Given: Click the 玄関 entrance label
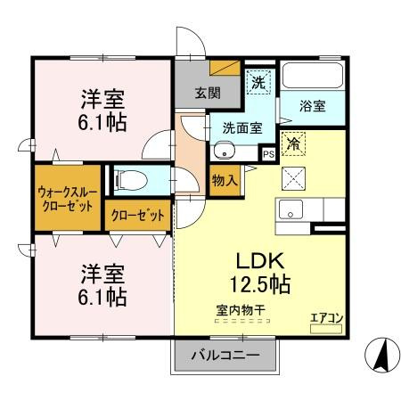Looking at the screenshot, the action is pyautogui.click(x=208, y=93).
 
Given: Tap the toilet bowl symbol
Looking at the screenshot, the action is pyautogui.click(x=131, y=180).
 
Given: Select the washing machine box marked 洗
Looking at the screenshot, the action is pyautogui.click(x=258, y=82).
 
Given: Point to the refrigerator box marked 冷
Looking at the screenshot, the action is pyautogui.click(x=293, y=144).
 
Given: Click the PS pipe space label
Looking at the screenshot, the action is pyautogui.click(x=269, y=154).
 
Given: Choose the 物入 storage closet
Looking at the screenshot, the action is pyautogui.click(x=225, y=181).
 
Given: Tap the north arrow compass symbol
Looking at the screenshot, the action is pyautogui.click(x=382, y=355).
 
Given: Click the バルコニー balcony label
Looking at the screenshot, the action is pyautogui.click(x=225, y=355).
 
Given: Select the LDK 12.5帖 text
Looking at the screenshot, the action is pyautogui.click(x=260, y=273).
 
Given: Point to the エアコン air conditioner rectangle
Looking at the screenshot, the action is pyautogui.click(x=326, y=329).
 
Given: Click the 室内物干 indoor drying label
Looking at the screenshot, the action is pyautogui.click(x=241, y=310).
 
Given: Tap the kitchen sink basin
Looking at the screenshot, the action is pyautogui.click(x=291, y=209).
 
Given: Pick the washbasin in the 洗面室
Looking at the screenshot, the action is pyautogui.click(x=225, y=151).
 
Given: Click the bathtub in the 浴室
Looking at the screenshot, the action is pyautogui.click(x=312, y=75).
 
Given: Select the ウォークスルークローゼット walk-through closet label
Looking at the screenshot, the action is pyautogui.click(x=68, y=199).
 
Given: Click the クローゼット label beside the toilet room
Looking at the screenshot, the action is pyautogui.click(x=137, y=215).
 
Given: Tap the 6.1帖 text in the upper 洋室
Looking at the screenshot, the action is pyautogui.click(x=102, y=122).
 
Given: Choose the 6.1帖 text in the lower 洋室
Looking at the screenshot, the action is pyautogui.click(x=102, y=297).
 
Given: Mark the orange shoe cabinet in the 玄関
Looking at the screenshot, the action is pyautogui.click(x=225, y=68).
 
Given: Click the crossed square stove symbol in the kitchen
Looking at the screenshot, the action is pyautogui.click(x=293, y=178).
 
